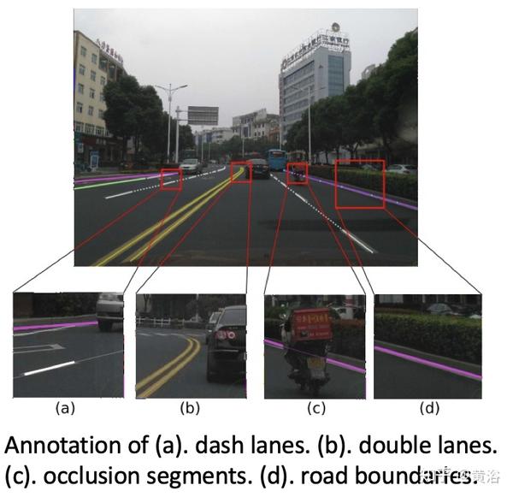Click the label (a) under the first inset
(64, 408)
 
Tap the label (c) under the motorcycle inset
(315, 408)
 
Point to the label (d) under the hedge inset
(428, 408)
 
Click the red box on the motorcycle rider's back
(310, 326)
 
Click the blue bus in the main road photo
(276, 160)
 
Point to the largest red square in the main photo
(360, 184)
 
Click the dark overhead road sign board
(203, 115)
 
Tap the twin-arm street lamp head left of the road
(171, 88)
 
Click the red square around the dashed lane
(171, 179)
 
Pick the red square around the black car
(241, 171)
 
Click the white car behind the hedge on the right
(400, 169)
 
